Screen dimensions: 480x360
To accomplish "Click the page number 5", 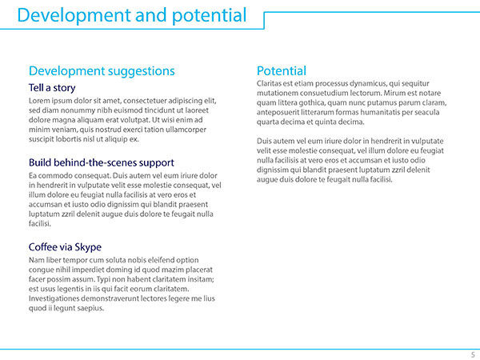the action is (x=473, y=354).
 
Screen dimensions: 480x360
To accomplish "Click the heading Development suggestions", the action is (x=102, y=71).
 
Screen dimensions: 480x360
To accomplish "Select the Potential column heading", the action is (x=282, y=70).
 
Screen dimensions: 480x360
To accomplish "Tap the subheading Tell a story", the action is (x=52, y=88).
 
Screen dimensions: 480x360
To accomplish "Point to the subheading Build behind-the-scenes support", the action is (x=102, y=162).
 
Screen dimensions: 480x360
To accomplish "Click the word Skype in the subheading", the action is (x=88, y=247).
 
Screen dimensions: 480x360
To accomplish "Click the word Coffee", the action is (x=42, y=246).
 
